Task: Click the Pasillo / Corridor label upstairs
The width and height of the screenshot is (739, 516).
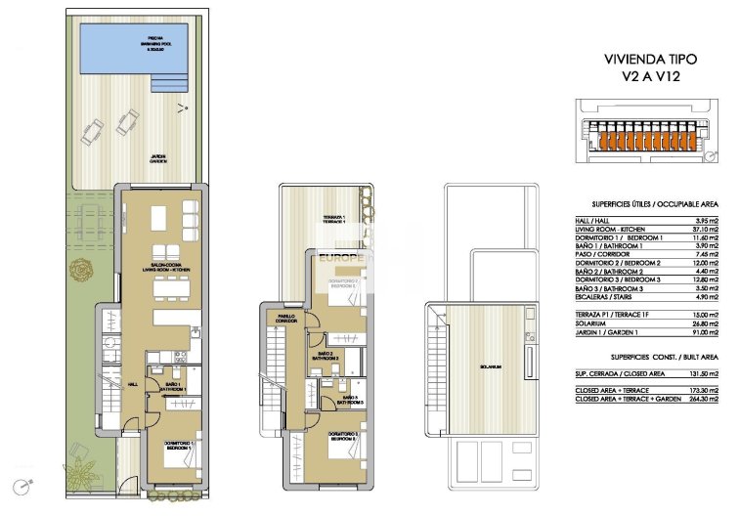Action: tap(284, 319)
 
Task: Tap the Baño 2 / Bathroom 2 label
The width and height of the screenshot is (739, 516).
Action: tap(326, 356)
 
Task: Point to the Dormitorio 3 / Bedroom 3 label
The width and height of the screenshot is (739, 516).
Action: tap(341, 436)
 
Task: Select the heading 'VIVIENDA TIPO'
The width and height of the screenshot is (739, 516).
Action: tap(642, 59)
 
